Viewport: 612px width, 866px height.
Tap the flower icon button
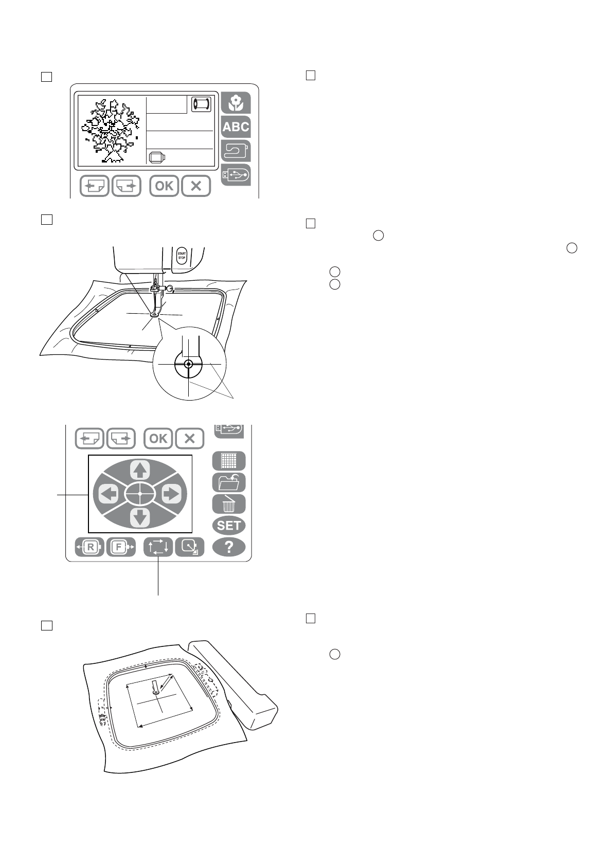(x=236, y=102)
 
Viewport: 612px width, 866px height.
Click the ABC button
(x=236, y=127)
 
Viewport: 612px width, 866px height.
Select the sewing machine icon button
(x=236, y=151)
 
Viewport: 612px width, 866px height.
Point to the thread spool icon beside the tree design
(x=201, y=104)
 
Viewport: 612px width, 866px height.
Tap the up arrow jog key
(x=140, y=470)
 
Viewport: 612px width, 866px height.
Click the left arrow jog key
(x=108, y=494)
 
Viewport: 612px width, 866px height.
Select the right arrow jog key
(x=171, y=494)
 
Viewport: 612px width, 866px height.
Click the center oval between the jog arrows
(x=140, y=494)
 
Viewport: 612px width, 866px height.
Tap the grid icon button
(x=229, y=461)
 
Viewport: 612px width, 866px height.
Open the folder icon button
(x=229, y=483)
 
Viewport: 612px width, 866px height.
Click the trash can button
(x=229, y=504)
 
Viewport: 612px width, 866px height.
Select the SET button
(x=229, y=526)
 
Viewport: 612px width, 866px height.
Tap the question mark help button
(x=229, y=547)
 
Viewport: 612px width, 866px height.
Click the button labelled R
(x=90, y=547)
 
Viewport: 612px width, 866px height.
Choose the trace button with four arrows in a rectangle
(x=158, y=547)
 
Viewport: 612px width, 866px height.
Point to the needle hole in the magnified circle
(x=189, y=364)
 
